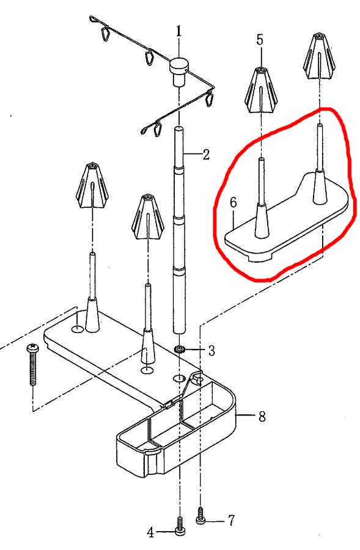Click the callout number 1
point(179,31)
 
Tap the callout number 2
point(206,154)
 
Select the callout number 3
point(211,350)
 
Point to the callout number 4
point(150,532)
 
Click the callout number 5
point(260,40)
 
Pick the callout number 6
point(233,202)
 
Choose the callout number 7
point(231,521)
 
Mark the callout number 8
point(262,416)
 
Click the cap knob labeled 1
point(179,71)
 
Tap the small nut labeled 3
point(180,350)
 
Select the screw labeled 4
point(180,526)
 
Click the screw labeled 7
point(200,515)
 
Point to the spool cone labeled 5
point(261,90)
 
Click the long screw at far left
point(32,364)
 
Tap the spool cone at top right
point(319,56)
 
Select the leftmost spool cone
point(92,185)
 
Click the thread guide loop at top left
point(105,34)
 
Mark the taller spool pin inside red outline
point(319,164)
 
